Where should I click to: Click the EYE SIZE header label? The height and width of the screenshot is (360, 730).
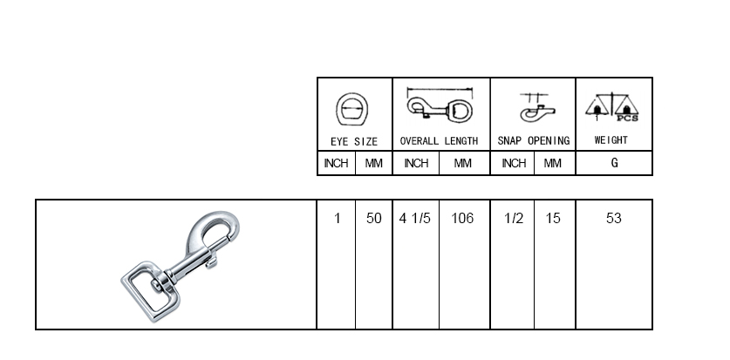[x=354, y=140]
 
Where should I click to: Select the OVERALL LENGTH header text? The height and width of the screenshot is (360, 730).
[x=439, y=140]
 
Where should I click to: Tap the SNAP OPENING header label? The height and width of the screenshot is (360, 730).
[x=533, y=140]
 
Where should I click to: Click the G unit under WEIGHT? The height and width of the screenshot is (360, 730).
[x=614, y=163]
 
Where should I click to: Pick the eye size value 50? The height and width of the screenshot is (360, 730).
[x=374, y=219]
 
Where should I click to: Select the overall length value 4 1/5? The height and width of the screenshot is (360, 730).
[x=415, y=219]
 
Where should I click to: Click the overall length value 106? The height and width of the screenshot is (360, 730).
[x=462, y=219]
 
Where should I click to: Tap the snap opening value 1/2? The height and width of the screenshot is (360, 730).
[x=514, y=219]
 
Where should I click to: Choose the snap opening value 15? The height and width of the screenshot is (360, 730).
[x=553, y=219]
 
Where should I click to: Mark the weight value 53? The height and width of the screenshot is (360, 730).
[x=613, y=219]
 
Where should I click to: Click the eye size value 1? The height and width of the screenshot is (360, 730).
[x=337, y=219]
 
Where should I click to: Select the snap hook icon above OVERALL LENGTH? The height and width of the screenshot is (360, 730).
[x=440, y=108]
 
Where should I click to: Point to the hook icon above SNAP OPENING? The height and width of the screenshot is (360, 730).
[x=533, y=108]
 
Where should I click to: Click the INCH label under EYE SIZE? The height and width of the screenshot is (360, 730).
[x=337, y=163]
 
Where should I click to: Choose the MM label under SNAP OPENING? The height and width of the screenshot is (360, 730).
[x=553, y=163]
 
